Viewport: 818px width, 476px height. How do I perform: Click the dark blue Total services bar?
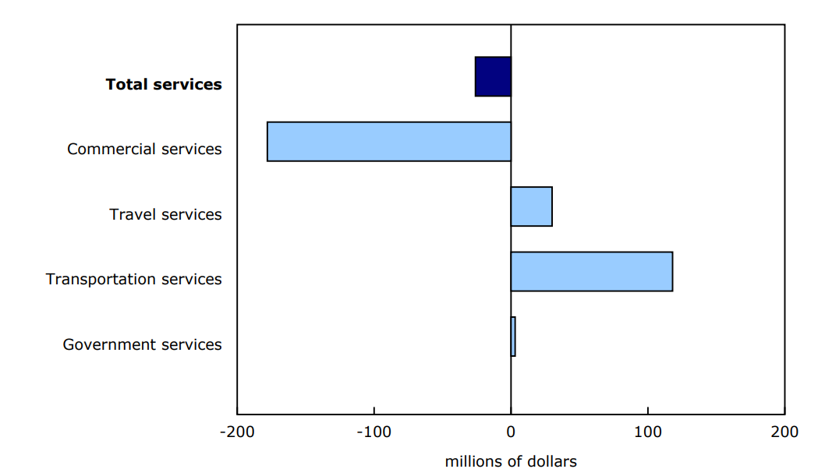(493, 76)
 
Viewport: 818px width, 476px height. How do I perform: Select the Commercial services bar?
(389, 142)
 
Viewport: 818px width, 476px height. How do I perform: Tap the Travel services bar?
(531, 206)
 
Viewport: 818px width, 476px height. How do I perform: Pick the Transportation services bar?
(591, 271)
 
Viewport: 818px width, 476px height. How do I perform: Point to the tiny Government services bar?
(513, 337)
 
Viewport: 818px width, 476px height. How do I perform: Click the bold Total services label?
(164, 84)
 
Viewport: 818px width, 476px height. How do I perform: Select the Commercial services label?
(144, 149)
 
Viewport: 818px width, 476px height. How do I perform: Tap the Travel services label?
(165, 214)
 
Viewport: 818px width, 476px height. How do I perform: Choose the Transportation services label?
(133, 279)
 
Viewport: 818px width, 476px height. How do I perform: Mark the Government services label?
(142, 344)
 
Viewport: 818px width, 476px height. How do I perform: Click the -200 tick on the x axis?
(237, 432)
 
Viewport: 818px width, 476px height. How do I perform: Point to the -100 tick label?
(374, 432)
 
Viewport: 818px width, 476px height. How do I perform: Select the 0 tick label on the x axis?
(511, 432)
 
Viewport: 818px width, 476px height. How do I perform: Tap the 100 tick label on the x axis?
(647, 432)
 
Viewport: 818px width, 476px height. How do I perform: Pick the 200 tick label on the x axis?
(784, 432)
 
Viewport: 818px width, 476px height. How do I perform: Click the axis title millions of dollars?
(511, 461)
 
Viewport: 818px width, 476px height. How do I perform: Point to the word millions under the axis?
(473, 461)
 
